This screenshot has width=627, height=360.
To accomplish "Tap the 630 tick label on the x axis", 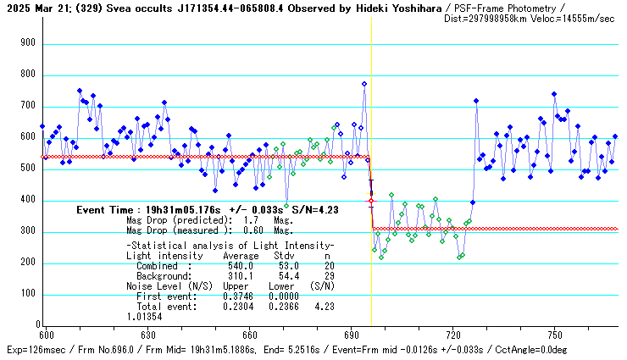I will [x=148, y=335].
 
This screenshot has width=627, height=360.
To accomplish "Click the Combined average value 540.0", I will [x=241, y=266].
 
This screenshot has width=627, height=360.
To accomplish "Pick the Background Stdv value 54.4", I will [x=285, y=276].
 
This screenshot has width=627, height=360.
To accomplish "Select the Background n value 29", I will [x=327, y=276].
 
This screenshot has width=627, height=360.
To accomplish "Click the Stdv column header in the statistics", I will [x=284, y=256].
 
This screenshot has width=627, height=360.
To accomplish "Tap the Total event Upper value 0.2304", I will [x=238, y=307].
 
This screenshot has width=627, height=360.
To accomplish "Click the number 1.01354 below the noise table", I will [x=147, y=317].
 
